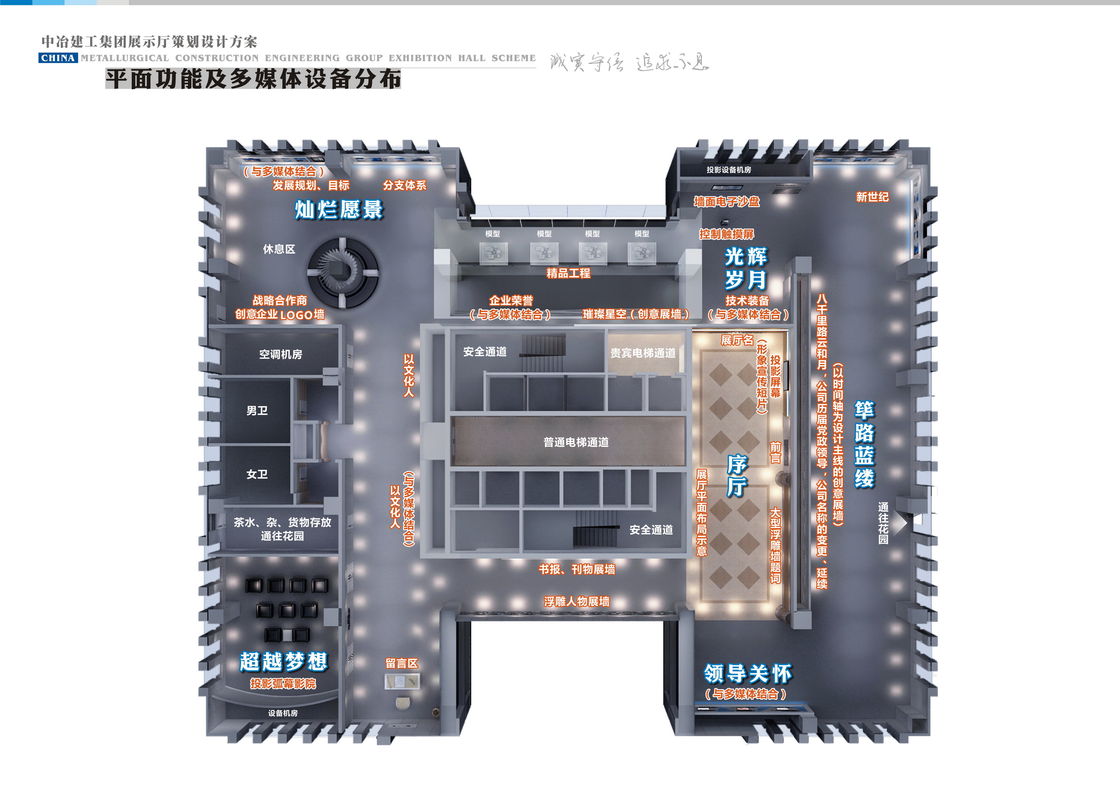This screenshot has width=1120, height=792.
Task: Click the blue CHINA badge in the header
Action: tap(58, 58)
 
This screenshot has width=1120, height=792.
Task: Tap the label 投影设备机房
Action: tap(729, 170)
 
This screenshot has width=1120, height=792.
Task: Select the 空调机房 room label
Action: tap(280, 354)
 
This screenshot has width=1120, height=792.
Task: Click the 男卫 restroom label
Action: tap(257, 411)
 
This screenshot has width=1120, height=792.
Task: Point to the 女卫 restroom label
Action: tap(257, 474)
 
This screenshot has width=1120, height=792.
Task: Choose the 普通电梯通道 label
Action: tap(576, 442)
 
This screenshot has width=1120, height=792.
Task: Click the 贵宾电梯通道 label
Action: tap(643, 353)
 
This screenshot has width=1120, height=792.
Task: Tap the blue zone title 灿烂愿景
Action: tap(339, 210)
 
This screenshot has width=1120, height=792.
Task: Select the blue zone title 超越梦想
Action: tap(283, 662)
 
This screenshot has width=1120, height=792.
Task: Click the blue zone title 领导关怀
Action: tap(747, 674)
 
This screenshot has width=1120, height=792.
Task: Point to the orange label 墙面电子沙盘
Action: tap(727, 201)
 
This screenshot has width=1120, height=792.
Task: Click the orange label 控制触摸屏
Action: tap(727, 234)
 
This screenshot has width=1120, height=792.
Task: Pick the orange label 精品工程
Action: tap(568, 273)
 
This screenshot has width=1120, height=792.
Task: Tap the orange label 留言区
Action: tap(402, 664)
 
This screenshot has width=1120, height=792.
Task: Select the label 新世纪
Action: tap(872, 196)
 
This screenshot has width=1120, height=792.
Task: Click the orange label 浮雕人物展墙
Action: tap(577, 602)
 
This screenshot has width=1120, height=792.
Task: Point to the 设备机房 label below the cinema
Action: tap(283, 713)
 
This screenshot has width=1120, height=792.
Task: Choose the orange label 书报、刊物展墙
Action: tap(577, 569)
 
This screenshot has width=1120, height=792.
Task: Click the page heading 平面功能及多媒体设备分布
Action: tap(253, 79)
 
